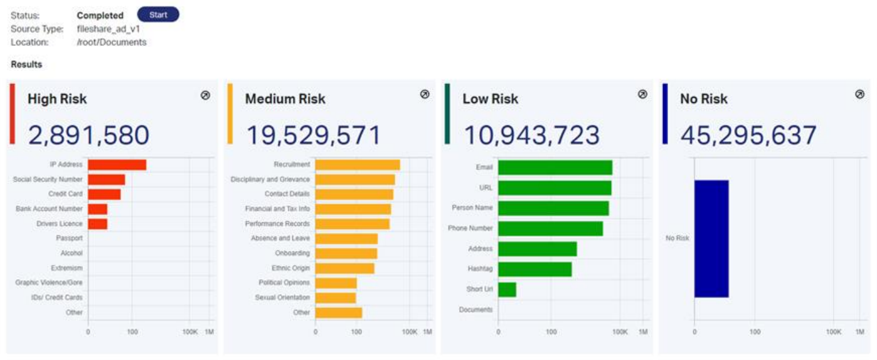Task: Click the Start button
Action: tap(158, 14)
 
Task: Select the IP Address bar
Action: tap(117, 165)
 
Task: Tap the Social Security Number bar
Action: tap(106, 180)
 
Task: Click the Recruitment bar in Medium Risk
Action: tap(358, 165)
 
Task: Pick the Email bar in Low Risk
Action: tap(555, 167)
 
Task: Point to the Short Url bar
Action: tap(507, 289)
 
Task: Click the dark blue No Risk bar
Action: tap(711, 238)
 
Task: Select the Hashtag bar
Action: tap(534, 269)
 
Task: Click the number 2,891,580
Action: tap(88, 135)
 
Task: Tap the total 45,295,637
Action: tap(748, 135)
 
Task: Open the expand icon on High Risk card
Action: tap(205, 95)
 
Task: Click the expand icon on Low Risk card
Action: tap(642, 94)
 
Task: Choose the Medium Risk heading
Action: tap(285, 99)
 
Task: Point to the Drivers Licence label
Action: tap(58, 224)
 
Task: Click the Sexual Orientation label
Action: tap(282, 297)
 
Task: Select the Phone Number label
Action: tap(470, 228)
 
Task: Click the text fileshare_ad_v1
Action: tap(109, 29)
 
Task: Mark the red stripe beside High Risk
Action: tap(13, 114)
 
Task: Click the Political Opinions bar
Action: tap(336, 283)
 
